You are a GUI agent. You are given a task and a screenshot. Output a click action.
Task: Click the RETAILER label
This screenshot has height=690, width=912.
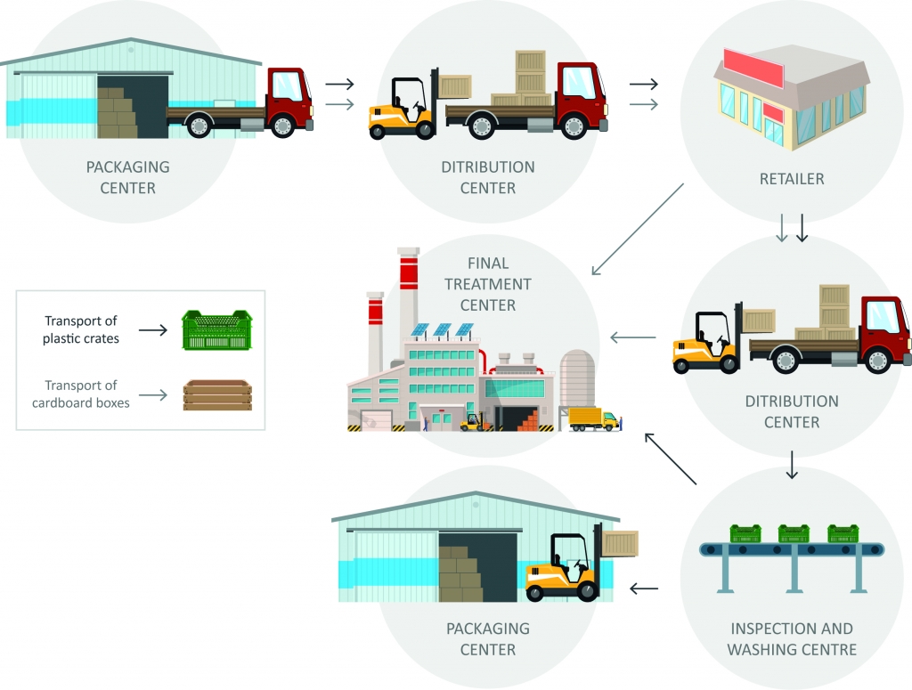click(791, 178)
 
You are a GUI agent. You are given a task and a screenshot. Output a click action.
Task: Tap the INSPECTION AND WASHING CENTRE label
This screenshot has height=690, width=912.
click(791, 638)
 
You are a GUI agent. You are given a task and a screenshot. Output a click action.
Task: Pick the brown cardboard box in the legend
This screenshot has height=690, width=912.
click(217, 395)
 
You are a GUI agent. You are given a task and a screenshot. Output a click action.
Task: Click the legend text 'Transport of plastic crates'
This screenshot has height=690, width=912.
click(80, 329)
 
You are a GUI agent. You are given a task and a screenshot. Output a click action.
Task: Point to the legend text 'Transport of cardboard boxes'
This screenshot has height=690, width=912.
click(80, 394)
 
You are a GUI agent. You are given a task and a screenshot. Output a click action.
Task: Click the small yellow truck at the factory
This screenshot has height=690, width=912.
click(593, 418)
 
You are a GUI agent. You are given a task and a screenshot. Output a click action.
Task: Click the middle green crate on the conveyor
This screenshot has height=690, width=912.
click(793, 533)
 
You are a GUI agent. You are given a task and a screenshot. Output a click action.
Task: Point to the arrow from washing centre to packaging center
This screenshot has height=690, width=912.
click(644, 589)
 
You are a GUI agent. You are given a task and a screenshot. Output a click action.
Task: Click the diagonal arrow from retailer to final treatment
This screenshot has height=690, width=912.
click(637, 229)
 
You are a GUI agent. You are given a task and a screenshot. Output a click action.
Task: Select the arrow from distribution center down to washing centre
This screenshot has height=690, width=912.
click(792, 464)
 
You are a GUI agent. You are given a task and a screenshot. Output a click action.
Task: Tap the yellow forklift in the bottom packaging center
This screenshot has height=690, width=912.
click(562, 570)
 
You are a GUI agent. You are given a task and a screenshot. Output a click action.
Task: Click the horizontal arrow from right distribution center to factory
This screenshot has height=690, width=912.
click(632, 337)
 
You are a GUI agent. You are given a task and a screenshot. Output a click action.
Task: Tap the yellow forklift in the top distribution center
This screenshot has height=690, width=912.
click(401, 110)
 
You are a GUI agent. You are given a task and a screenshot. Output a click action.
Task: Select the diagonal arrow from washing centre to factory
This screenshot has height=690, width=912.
click(670, 459)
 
